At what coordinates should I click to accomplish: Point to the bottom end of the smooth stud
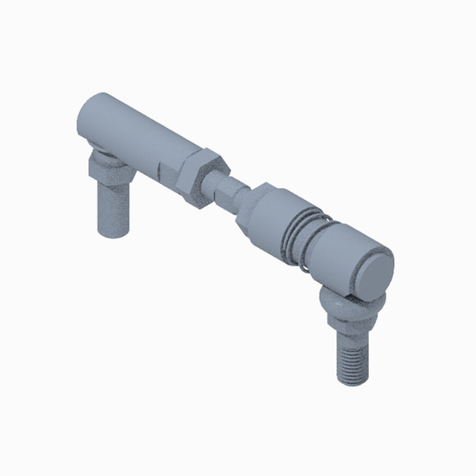114,233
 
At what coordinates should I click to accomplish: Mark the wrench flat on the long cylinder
167,172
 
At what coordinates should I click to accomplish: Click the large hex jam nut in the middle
198,177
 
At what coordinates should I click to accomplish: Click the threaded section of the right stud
352,360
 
